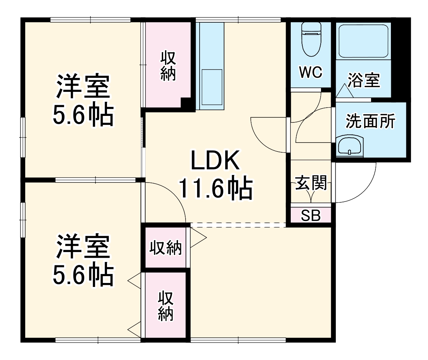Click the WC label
coord(311,73)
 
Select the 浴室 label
coord(364,80)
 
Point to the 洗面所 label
coord(370,121)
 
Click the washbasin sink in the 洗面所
coord(349,146)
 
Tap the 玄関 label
coord(311,183)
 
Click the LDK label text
coord(215,161)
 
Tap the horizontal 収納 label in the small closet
coord(166,248)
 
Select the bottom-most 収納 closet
coord(166,306)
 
